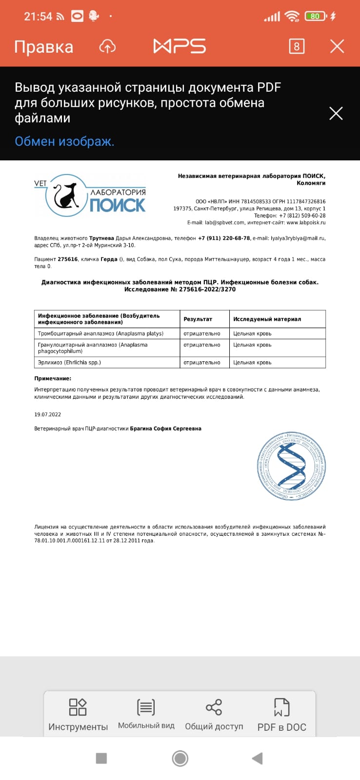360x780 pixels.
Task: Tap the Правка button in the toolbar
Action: (x=43, y=47)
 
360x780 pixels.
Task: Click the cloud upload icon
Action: (x=107, y=46)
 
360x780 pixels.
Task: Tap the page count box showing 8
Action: (x=297, y=46)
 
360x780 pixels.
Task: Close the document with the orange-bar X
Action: (x=337, y=46)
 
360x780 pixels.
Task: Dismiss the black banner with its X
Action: (x=336, y=114)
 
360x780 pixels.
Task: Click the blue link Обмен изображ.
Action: (x=64, y=141)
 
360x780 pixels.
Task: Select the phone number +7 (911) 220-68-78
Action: (x=224, y=238)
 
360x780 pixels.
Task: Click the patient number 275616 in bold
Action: (x=68, y=259)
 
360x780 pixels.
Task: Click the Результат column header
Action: (x=198, y=319)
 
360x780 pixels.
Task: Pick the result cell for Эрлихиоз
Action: (x=202, y=363)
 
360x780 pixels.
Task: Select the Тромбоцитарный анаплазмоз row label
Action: (x=100, y=333)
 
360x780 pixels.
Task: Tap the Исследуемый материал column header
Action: (x=267, y=319)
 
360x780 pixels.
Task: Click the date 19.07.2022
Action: (x=47, y=414)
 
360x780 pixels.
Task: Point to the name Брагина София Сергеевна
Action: (x=165, y=429)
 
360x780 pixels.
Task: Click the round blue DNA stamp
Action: (x=291, y=466)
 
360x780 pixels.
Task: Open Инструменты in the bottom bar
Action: (x=78, y=714)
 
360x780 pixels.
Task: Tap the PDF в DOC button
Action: (x=281, y=714)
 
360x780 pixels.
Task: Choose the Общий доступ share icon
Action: (x=214, y=714)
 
